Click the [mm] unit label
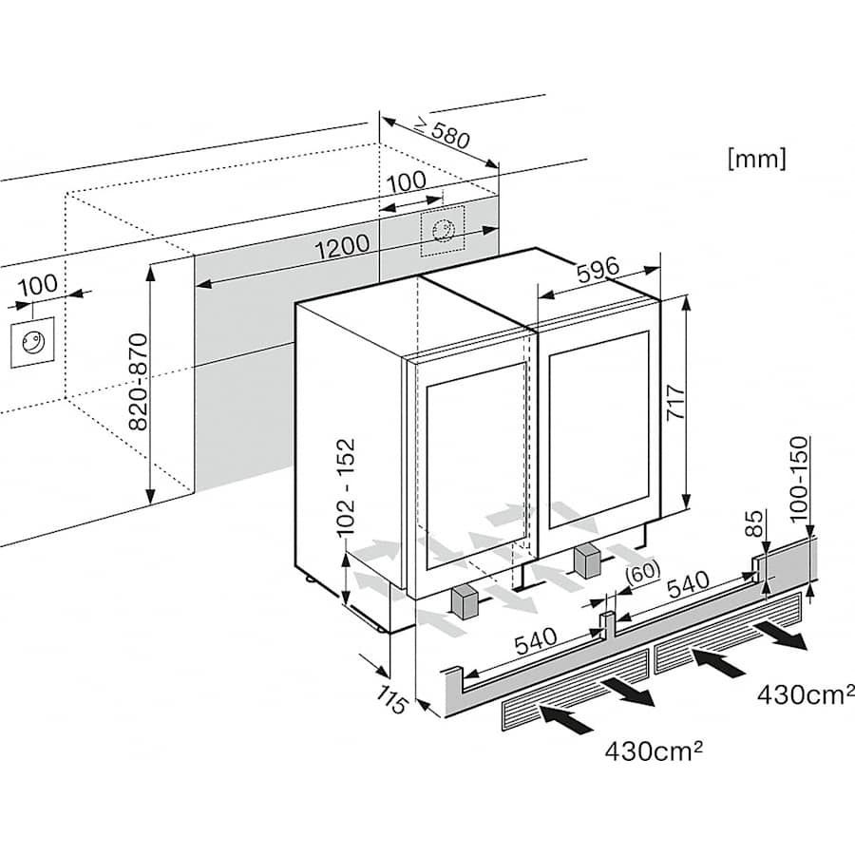pos(756,159)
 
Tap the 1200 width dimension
pos(341,246)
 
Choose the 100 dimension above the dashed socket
pos(406,181)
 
